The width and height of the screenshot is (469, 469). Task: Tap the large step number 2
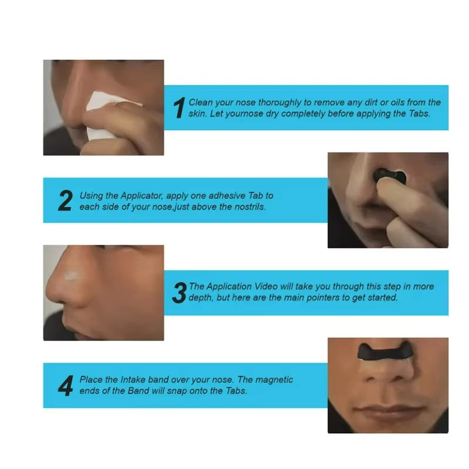tap(65, 200)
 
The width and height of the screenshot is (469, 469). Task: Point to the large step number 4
tap(65, 385)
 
